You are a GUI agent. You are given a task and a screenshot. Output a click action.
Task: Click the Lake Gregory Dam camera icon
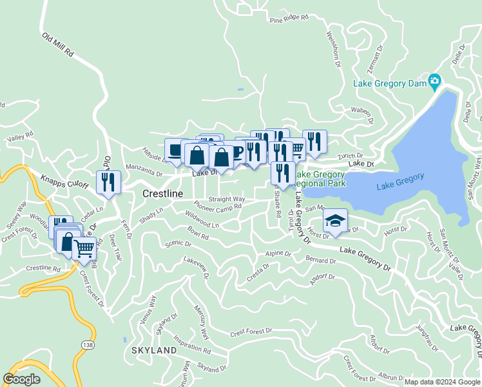coord(435,82)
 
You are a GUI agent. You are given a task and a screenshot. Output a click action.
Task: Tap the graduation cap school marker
coord(334,221)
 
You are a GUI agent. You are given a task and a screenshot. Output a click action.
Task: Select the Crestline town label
coord(162,193)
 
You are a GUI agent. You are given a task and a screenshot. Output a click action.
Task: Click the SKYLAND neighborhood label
coord(154,350)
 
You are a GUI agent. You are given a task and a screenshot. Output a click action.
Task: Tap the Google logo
coord(22,379)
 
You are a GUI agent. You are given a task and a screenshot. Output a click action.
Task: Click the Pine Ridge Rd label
coord(289,19)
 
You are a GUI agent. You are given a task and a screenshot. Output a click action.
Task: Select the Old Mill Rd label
coord(58,46)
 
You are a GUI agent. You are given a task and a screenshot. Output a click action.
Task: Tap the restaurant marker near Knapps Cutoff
coord(108,182)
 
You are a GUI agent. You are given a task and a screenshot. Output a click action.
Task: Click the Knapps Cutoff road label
coord(64,181)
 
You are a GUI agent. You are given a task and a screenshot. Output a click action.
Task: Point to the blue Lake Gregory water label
coord(400,177)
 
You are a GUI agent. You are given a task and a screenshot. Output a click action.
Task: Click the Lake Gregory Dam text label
coord(389,83)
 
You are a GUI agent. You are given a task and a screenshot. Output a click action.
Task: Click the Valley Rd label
coord(19,137)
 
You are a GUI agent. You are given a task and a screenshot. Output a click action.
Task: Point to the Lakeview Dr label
coord(197,265)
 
